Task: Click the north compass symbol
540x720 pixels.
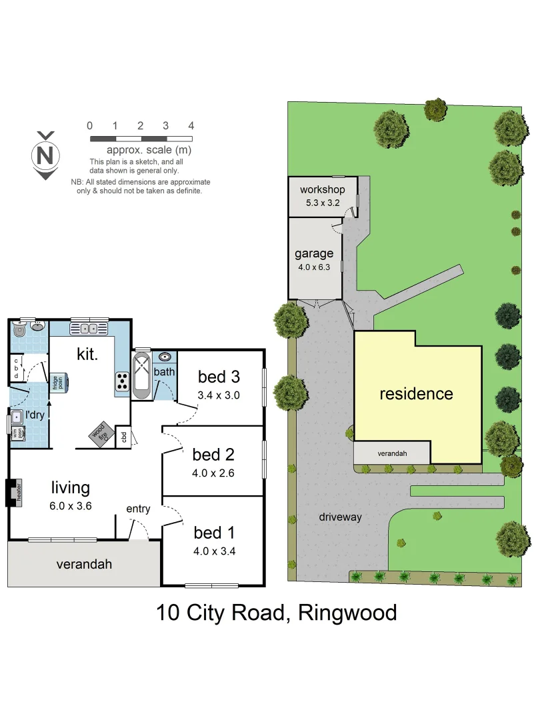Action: click(45, 156)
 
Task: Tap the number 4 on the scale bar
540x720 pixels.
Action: click(191, 126)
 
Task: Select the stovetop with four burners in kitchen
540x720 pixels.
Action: click(123, 381)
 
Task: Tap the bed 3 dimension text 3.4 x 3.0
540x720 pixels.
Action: click(218, 395)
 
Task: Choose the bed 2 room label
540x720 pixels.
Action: click(213, 455)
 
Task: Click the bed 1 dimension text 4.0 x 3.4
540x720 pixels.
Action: click(215, 551)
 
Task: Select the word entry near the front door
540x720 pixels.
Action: click(138, 509)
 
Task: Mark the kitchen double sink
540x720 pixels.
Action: click(89, 328)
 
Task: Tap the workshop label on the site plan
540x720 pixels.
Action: click(322, 190)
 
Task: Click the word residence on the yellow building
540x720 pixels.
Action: click(416, 393)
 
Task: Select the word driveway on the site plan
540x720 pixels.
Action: click(340, 517)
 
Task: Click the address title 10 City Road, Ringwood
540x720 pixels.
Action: click(277, 612)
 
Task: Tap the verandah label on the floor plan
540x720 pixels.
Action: click(84, 564)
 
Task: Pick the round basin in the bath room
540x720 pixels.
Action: click(165, 357)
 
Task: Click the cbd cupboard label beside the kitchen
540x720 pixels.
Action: click(123, 437)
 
